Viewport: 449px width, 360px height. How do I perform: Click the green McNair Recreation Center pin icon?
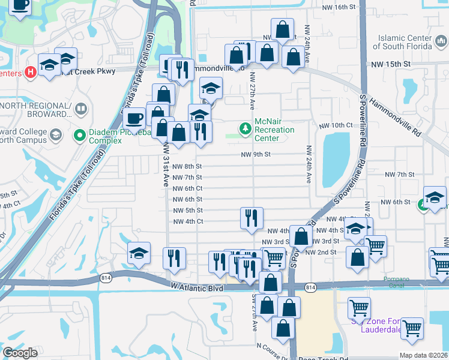(245, 129)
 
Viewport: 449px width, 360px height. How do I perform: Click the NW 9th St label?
(257, 154)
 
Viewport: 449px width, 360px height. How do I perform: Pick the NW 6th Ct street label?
(187, 188)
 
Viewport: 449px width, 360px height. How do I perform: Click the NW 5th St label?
(187, 211)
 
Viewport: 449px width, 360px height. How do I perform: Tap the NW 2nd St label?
(321, 253)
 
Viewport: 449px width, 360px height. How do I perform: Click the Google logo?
(20, 353)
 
